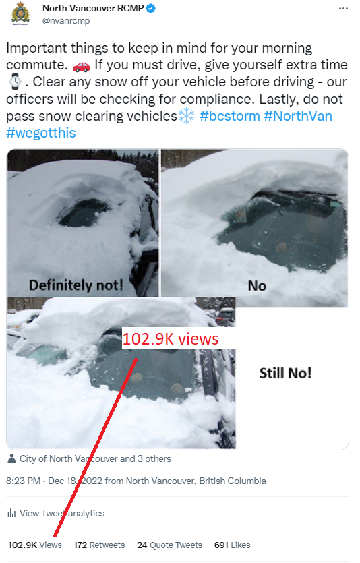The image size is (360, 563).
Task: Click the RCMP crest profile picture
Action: pos(20,13)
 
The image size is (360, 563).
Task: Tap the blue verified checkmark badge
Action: pos(151,8)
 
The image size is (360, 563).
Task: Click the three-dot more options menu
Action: pos(343,9)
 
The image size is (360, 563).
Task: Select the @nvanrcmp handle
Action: pos(66,21)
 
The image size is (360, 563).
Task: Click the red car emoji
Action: pos(81,66)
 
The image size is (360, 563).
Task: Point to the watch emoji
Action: pos(15,82)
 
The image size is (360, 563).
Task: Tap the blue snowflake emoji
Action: pos(186,116)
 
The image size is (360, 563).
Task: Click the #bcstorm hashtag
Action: pos(230,116)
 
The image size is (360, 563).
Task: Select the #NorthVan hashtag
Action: pos(298,116)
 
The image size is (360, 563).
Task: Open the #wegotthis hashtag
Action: pos(41,134)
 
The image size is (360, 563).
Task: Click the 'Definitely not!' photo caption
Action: pos(76,285)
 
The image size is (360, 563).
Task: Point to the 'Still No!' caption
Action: pos(285,373)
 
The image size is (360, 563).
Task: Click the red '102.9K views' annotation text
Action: pos(171,339)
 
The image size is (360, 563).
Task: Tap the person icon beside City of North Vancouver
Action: pos(12,458)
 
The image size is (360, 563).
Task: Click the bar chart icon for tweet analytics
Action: pos(11,513)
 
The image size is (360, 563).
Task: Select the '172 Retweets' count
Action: pos(99,545)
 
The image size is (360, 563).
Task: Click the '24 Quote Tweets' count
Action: pos(169,545)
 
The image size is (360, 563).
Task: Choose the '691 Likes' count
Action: pos(232,545)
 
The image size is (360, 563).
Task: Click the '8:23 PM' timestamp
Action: pos(24,481)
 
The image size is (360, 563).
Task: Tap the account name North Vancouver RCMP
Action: pos(93,8)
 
